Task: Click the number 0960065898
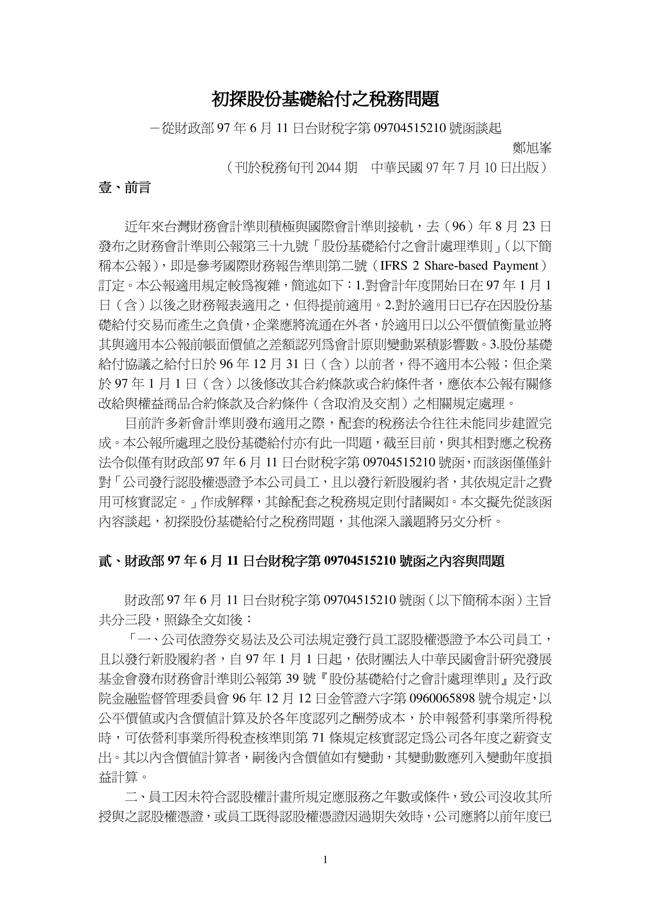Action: [442, 698]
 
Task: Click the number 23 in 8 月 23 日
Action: [529, 227]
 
